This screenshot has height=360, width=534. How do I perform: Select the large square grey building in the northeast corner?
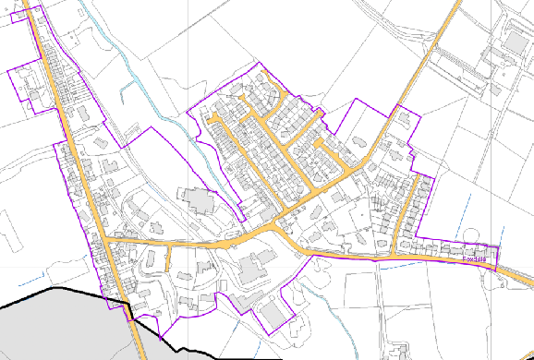pyautogui.click(x=514, y=41)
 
